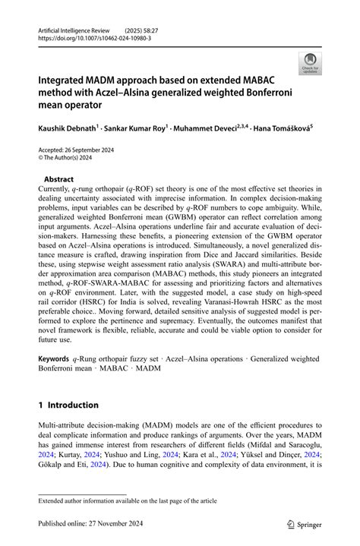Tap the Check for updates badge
(309, 64)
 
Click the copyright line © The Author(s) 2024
(72, 160)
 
